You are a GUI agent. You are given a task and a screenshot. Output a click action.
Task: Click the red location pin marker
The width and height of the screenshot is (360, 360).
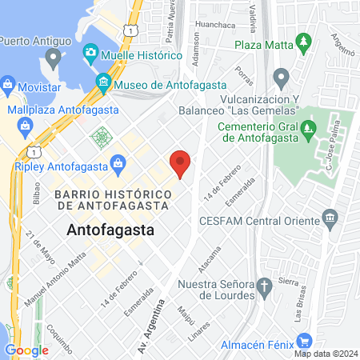pyautogui.click(x=181, y=162)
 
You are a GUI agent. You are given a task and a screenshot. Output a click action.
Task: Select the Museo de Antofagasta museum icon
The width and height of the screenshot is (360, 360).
pyautogui.click(x=102, y=82)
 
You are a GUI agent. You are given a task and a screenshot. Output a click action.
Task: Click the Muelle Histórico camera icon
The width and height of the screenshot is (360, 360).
pyautogui.click(x=90, y=54)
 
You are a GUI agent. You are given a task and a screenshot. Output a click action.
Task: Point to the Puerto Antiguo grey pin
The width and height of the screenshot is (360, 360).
pyautogui.click(x=54, y=57)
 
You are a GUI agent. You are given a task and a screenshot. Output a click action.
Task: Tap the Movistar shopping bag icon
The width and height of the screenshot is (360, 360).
pyautogui.click(x=7, y=83)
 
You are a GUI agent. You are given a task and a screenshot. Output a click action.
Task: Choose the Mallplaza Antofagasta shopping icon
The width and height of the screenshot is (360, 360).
pyautogui.click(x=26, y=126)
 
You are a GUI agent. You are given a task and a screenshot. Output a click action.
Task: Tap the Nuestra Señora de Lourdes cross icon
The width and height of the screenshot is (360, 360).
pyautogui.click(x=264, y=286)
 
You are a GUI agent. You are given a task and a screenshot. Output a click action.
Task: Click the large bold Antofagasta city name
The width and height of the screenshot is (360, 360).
pyautogui.click(x=110, y=230)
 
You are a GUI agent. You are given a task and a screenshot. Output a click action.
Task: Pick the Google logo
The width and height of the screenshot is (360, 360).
pyautogui.click(x=26, y=350)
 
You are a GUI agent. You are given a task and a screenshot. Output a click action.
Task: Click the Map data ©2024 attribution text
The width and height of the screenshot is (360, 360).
pyautogui.click(x=326, y=354)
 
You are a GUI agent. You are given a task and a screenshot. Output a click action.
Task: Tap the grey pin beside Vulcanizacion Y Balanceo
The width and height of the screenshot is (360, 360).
pyautogui.click(x=280, y=78)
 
